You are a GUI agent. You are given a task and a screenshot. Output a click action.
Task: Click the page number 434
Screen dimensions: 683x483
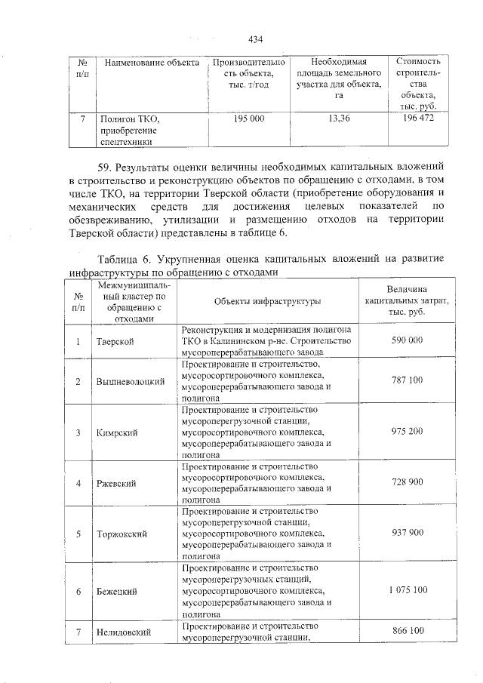pyautogui.click(x=255, y=39)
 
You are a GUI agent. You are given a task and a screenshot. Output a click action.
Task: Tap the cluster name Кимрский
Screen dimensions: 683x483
pyautogui.click(x=117, y=432)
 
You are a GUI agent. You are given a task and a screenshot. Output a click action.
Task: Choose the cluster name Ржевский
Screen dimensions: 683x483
pyautogui.click(x=116, y=483)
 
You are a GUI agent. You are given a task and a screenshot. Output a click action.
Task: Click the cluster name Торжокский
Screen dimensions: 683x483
pyautogui.click(x=122, y=534)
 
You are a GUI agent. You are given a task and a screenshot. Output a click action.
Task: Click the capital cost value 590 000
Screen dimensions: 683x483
pyautogui.click(x=407, y=340)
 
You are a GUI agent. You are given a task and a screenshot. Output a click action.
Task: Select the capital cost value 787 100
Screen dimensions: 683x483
pyautogui.click(x=407, y=380)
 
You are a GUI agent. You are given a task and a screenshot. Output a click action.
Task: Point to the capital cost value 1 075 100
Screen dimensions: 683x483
pyautogui.click(x=407, y=589)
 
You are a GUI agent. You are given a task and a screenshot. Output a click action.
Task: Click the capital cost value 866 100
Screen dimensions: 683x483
pyautogui.click(x=407, y=629)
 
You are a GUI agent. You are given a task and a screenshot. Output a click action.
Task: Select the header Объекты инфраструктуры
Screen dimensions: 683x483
pyautogui.click(x=267, y=301)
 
